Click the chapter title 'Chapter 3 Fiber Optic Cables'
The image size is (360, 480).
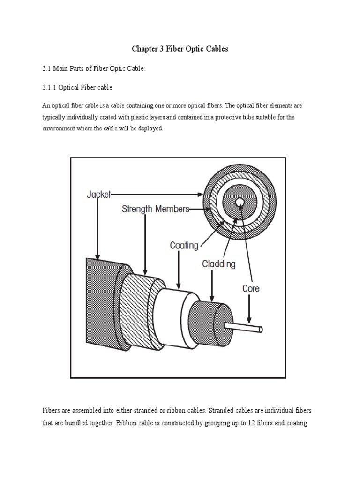pyautogui.click(x=180, y=49)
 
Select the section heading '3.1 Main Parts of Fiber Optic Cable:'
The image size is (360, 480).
pyautogui.click(x=94, y=69)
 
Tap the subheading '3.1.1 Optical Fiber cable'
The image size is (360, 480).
pyautogui.click(x=77, y=88)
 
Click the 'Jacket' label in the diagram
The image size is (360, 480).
pyautogui.click(x=98, y=194)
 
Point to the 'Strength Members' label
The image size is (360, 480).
pyautogui.click(x=155, y=209)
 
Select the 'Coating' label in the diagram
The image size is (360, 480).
pyautogui.click(x=184, y=245)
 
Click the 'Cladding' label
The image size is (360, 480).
pyautogui.click(x=218, y=264)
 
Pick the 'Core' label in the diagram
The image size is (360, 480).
pyautogui.click(x=251, y=288)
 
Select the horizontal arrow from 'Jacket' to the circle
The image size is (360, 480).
pyautogui.click(x=159, y=194)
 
